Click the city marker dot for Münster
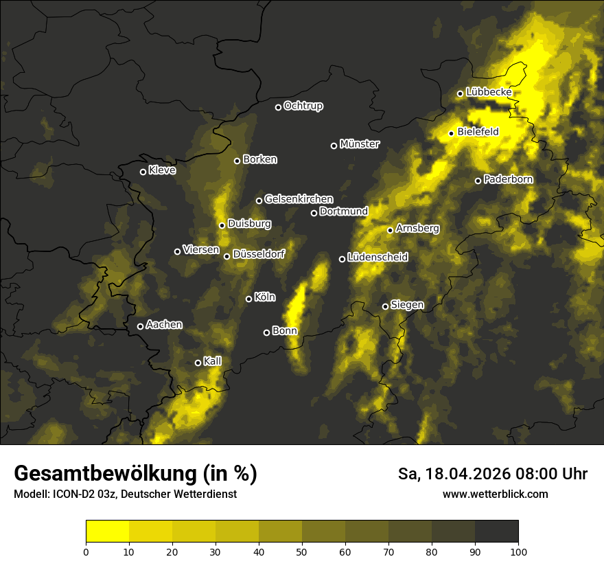click(x=334, y=146)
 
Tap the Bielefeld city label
click(x=478, y=131)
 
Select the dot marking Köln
click(x=248, y=299)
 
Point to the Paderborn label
click(x=508, y=179)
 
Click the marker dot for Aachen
click(x=140, y=326)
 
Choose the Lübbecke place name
click(x=489, y=92)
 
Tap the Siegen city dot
click(x=385, y=306)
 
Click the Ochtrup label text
click(x=303, y=106)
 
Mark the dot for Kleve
click(x=143, y=172)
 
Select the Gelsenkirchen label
click(x=299, y=199)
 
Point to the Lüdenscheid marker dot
click(x=342, y=259)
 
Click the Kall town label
click(x=212, y=361)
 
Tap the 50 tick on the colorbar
click(x=302, y=551)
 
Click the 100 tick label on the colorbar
click(x=518, y=551)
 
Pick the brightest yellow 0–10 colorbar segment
click(x=108, y=532)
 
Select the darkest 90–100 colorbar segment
click(x=496, y=532)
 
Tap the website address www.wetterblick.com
click(x=495, y=494)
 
